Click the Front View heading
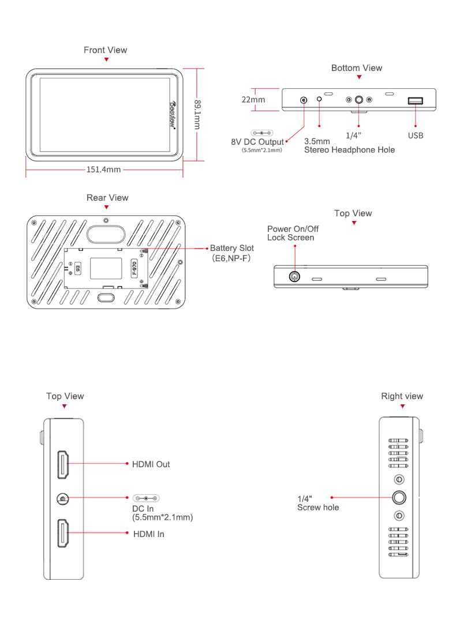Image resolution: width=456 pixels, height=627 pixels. [x=105, y=50]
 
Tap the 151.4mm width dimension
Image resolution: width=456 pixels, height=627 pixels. [x=103, y=170]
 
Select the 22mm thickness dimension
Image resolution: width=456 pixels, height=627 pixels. [x=253, y=99]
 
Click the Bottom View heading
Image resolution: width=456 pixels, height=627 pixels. [x=356, y=68]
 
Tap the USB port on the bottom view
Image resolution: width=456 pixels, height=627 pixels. [x=415, y=101]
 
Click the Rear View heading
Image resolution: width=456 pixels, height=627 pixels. [x=107, y=198]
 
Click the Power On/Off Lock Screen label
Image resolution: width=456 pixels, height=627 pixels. [x=293, y=233]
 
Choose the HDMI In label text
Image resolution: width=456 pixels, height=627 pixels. [x=148, y=534]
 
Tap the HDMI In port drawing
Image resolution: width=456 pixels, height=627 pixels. [x=63, y=534]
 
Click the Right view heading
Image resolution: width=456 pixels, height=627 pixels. [x=402, y=396]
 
